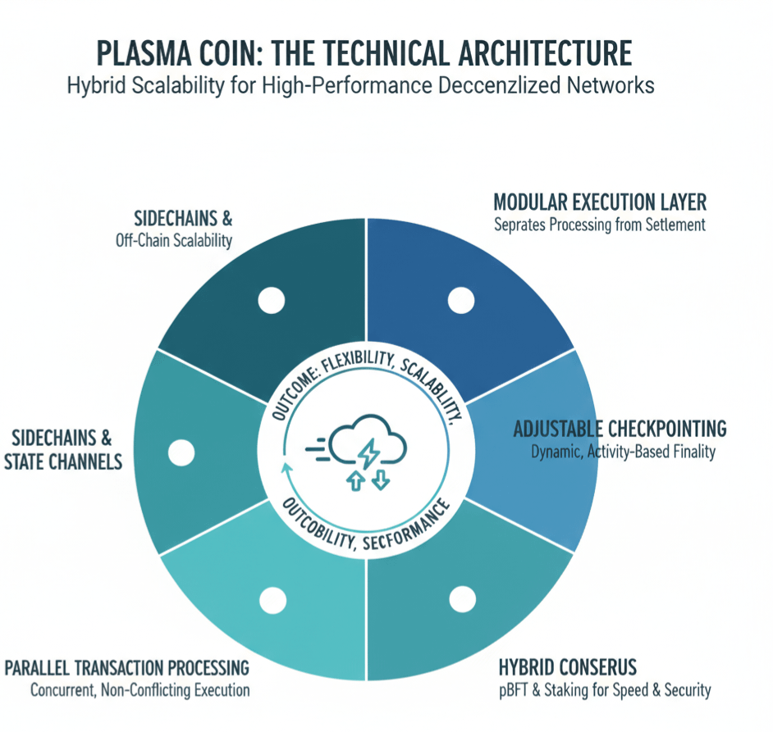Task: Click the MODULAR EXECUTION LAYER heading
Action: (600, 202)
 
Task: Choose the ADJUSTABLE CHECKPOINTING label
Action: (620, 429)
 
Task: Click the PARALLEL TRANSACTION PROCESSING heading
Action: (127, 666)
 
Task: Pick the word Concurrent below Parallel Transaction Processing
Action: (64, 689)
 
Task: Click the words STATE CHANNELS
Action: (63, 461)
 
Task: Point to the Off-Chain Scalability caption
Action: (175, 242)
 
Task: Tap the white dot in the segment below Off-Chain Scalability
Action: (269, 301)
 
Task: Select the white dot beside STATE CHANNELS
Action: (181, 452)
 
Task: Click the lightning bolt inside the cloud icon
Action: (368, 452)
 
